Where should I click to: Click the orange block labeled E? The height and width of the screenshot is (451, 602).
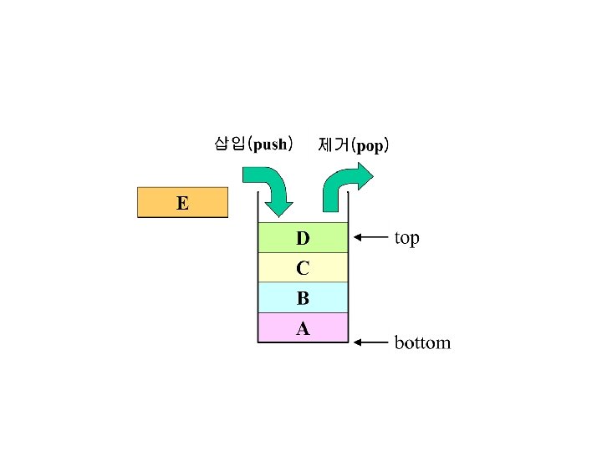coord(182,203)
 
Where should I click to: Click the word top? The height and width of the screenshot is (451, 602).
coord(406,238)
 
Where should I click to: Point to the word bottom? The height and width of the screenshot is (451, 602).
coord(421,342)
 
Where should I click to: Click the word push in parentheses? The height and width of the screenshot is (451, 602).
coord(271,144)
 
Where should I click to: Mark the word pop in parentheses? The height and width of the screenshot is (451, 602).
coord(370,146)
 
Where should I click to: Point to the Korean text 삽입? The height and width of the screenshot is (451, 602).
coord(230,144)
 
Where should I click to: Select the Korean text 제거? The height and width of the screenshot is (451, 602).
coord(333,144)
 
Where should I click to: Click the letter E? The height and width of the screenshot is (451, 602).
coord(182,202)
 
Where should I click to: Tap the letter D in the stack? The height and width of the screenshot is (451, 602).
coord(303,239)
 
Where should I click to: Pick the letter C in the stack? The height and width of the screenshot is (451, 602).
coord(303,268)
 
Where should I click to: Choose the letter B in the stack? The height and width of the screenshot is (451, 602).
coord(303,298)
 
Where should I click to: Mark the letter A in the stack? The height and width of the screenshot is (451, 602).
coord(303,328)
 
